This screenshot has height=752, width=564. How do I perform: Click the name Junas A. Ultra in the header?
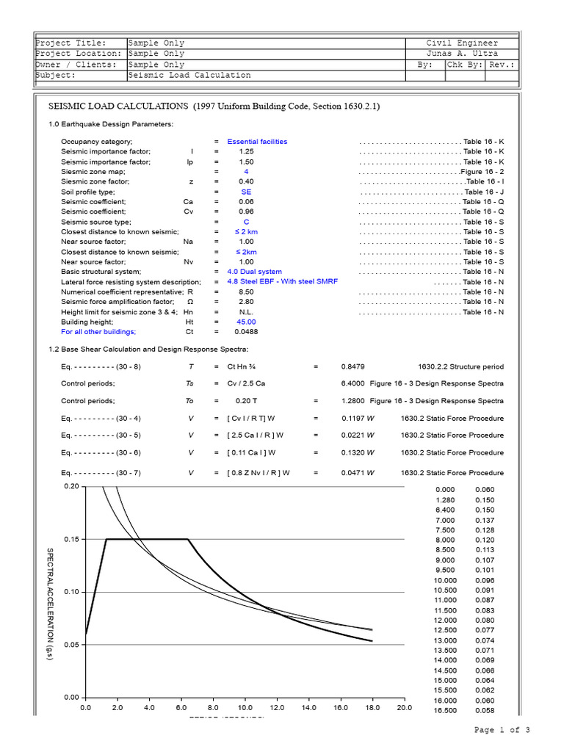(x=462, y=54)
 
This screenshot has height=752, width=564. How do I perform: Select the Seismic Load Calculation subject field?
(x=189, y=75)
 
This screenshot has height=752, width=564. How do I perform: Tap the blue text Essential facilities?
(x=257, y=141)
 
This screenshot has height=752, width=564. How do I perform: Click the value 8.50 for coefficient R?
(x=246, y=292)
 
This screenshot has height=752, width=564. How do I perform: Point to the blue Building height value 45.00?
(x=246, y=322)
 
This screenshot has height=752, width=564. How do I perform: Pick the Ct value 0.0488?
(x=246, y=332)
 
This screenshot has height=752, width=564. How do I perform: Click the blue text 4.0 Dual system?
(x=254, y=272)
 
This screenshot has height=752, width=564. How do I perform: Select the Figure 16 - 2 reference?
(x=482, y=171)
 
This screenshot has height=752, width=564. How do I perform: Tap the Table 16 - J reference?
(x=484, y=192)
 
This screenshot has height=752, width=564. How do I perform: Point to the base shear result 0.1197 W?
(x=358, y=418)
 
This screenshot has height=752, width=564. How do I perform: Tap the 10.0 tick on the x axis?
(x=245, y=708)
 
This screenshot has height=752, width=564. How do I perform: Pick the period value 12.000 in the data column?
(x=446, y=621)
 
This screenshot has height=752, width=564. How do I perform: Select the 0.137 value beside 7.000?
(x=485, y=520)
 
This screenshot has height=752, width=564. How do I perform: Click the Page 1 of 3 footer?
(x=502, y=730)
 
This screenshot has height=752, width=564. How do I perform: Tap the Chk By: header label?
(x=465, y=65)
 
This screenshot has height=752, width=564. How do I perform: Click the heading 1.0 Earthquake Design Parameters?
(x=111, y=124)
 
